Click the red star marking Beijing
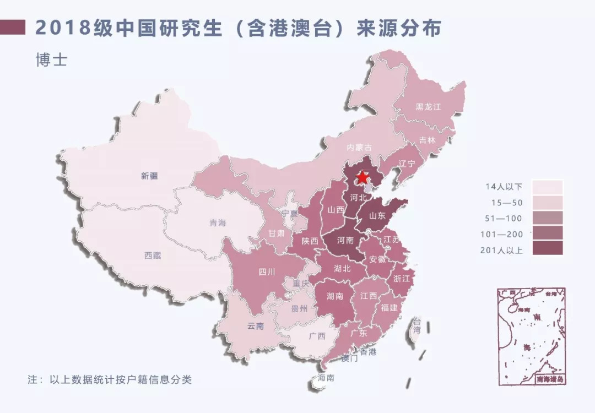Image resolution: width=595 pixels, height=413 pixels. pos(363,177)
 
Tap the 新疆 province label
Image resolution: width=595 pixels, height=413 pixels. pos(149,176)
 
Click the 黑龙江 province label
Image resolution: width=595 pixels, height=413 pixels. pos(429,107)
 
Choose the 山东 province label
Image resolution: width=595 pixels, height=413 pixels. pos(377,215)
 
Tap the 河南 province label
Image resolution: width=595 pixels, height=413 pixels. pos(345,241)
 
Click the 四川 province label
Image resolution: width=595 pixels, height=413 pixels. pos(267,271)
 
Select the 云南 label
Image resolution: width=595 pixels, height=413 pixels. pos(255,325)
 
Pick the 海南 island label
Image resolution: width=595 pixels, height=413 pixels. pos(326,378)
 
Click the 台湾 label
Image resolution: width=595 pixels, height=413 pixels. pos(417,326)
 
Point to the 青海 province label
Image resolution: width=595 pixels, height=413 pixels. pos(218,223)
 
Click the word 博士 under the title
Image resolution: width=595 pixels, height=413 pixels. pos(51,59)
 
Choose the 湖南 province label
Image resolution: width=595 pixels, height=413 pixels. pos(334,296)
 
